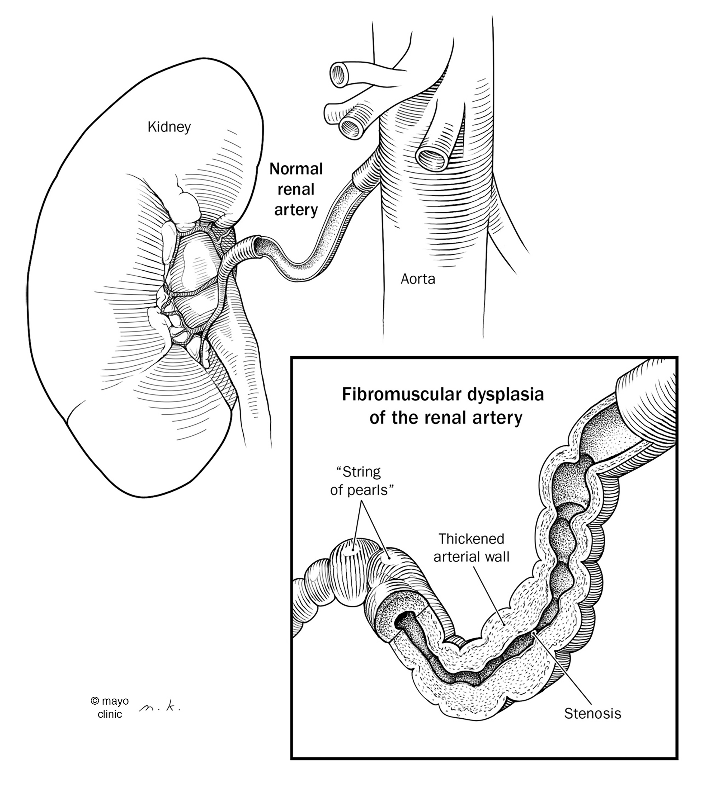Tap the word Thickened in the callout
[471, 539]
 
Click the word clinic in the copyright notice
[110, 714]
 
